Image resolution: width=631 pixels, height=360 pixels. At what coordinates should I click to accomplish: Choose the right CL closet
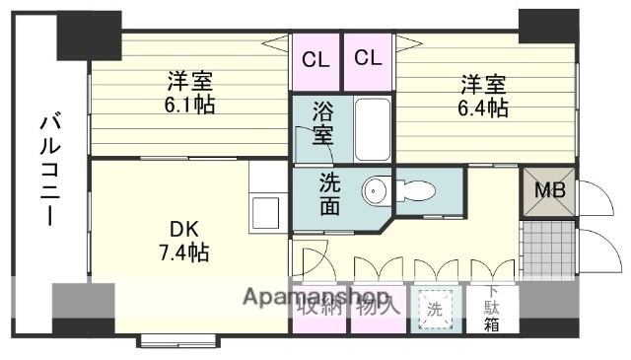[x=368, y=58]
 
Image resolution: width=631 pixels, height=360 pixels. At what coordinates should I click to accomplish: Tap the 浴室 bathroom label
[x=321, y=123]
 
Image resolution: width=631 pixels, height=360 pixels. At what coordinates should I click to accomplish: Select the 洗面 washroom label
[x=330, y=194]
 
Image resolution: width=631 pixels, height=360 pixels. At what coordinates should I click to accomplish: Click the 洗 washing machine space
[x=435, y=309]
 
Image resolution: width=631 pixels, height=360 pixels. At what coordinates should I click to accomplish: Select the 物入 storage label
[x=378, y=306]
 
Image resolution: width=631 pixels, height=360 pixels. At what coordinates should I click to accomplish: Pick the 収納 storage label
[x=319, y=306]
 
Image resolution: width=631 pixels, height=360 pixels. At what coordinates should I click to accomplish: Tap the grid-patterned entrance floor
[x=549, y=242]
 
